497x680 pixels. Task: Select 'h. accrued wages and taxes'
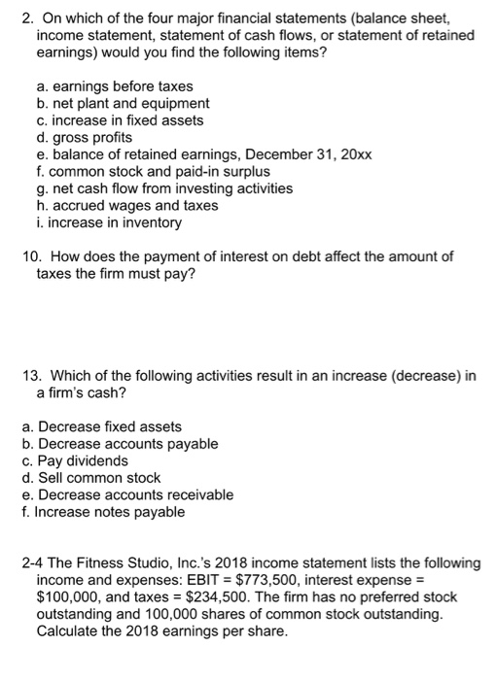click(115, 206)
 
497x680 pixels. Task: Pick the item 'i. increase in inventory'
click(101, 222)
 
